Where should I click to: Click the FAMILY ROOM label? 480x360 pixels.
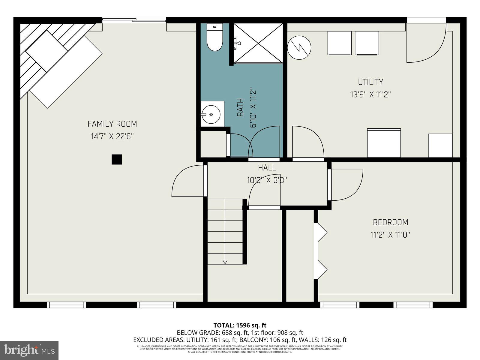click(x=112, y=124)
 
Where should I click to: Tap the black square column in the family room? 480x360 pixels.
click(x=117, y=159)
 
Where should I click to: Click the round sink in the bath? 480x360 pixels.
click(x=211, y=114)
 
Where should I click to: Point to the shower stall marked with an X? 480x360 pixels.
click(x=258, y=43)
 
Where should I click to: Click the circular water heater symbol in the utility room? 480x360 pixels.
click(x=299, y=47)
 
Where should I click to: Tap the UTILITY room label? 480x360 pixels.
click(x=370, y=82)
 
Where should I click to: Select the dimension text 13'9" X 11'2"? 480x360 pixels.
click(x=370, y=95)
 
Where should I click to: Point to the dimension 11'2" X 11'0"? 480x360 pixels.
click(x=390, y=235)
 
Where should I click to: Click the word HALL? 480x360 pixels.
click(x=267, y=168)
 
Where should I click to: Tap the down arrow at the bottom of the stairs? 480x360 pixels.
click(x=225, y=262)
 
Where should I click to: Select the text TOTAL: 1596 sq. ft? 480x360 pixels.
click(x=240, y=325)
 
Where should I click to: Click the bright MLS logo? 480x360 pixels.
click(x=29, y=350)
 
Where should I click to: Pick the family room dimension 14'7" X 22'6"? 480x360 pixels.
click(x=112, y=136)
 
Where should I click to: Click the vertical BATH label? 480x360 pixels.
click(x=240, y=108)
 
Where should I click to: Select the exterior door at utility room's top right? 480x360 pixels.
click(x=426, y=42)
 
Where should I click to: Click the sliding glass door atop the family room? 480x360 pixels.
click(x=134, y=20)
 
